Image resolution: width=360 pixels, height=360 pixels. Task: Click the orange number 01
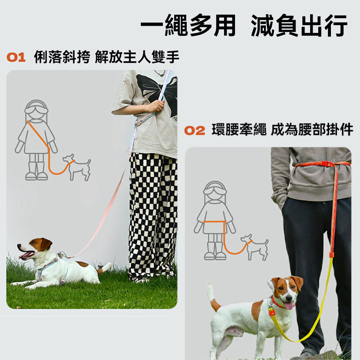point(16,57)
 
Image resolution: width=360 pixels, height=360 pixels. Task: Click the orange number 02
point(195,130)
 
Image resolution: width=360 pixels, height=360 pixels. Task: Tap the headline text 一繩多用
point(188,25)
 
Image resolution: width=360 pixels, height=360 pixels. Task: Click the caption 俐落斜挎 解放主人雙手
point(106,57)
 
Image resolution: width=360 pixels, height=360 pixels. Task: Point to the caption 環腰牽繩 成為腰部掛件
point(282,130)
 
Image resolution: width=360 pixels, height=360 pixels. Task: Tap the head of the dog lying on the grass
point(34,249)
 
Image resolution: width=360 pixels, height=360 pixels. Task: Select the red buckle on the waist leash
point(325,164)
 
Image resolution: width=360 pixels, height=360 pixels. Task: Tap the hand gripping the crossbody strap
point(157,106)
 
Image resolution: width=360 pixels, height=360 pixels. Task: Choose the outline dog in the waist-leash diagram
point(254,247)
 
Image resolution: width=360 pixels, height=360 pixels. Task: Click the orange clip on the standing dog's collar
point(272,312)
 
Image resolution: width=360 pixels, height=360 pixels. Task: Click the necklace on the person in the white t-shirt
point(160,73)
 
